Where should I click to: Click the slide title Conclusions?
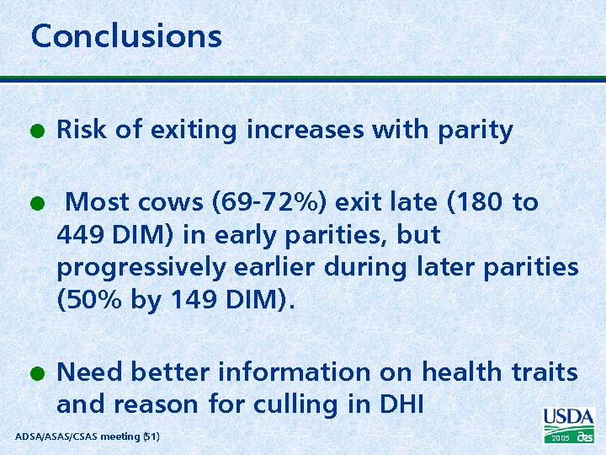point(126,36)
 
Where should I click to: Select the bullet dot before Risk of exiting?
point(37,131)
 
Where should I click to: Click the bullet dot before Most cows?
point(37,203)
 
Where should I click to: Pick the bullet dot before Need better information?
point(37,372)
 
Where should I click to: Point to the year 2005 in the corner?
point(559,439)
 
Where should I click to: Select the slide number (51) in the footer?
point(151,437)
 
